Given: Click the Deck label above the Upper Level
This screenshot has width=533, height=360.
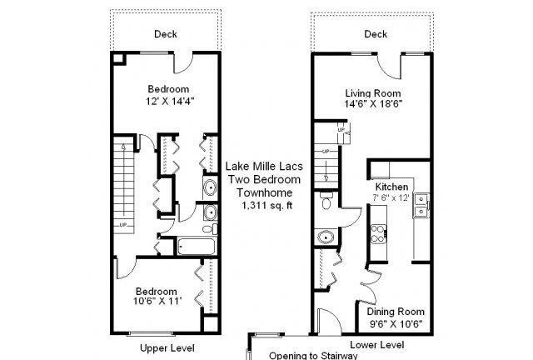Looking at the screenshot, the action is (x=166, y=34).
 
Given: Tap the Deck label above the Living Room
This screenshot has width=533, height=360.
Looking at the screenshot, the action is (x=376, y=34).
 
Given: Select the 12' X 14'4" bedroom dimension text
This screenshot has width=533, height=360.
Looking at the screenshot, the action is (x=170, y=102).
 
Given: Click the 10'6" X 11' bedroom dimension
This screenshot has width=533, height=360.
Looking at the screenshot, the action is (x=157, y=301).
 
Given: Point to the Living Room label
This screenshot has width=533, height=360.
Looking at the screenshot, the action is (x=373, y=93).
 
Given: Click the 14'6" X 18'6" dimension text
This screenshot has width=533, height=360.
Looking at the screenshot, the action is (x=373, y=104).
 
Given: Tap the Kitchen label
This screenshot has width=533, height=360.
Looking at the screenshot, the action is (x=391, y=187).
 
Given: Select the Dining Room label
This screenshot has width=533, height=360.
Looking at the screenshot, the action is (x=396, y=312).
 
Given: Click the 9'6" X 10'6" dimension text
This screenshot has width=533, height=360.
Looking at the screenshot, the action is (x=396, y=323).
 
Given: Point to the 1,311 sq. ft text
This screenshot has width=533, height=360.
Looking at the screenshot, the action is (x=266, y=206).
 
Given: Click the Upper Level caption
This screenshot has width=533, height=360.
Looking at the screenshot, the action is (x=167, y=348).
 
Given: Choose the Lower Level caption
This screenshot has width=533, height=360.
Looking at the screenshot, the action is (x=377, y=345).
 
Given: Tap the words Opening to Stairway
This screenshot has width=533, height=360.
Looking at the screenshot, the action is (x=313, y=356).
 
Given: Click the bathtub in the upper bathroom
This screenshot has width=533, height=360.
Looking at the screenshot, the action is (x=197, y=247).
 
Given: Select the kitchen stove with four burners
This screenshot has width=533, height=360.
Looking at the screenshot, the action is (x=378, y=234).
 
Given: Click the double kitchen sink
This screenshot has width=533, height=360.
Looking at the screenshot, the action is (x=421, y=205).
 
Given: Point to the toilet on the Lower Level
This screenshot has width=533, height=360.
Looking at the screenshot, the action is (x=326, y=201).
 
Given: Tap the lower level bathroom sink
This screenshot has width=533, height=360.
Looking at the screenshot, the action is (x=326, y=237).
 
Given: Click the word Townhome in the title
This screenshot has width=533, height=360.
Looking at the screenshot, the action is (x=265, y=192).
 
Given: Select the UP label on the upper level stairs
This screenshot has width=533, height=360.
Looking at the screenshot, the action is (x=122, y=225).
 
